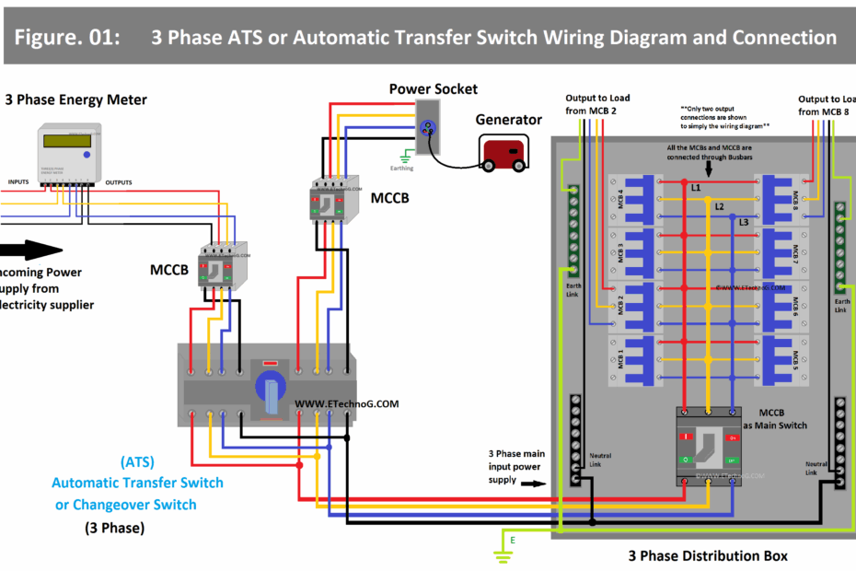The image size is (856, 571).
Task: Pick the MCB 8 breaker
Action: coord(779,200)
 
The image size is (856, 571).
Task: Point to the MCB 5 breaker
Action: coord(779,359)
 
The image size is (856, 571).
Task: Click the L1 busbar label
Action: coord(696,188)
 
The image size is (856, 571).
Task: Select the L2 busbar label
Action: coord(721,206)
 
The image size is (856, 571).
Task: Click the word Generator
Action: coord(508,119)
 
